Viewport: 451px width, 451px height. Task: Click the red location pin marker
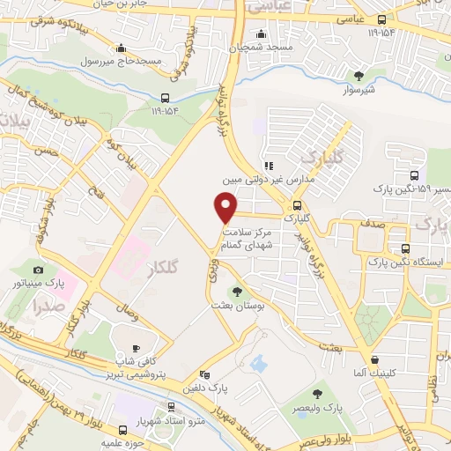(226, 207)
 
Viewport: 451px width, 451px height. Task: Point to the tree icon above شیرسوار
(358, 76)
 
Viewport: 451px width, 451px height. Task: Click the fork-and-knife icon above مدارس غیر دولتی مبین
(268, 164)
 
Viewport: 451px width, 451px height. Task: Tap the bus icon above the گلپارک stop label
(296, 203)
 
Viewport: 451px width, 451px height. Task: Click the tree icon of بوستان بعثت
(236, 291)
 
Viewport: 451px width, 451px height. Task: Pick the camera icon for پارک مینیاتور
(37, 270)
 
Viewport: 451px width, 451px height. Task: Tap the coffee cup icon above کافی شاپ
(135, 348)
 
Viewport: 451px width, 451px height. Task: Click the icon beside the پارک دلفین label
(203, 373)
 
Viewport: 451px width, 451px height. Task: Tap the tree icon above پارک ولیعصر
(318, 394)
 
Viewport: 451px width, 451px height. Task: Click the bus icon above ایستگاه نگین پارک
(405, 248)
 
